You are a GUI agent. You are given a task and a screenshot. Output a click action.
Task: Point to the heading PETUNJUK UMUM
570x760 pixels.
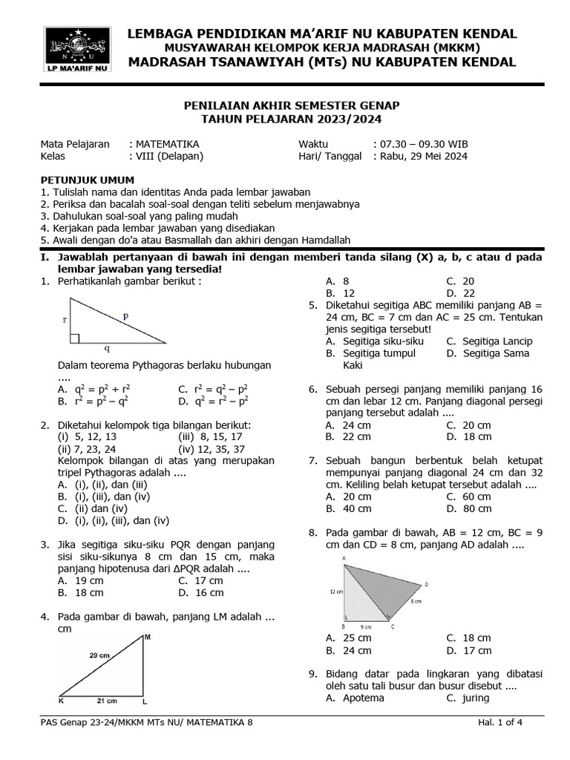click(87, 180)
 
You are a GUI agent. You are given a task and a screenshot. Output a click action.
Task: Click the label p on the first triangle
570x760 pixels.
click(126, 315)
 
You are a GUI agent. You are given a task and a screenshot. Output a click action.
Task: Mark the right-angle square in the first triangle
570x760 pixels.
click(74, 338)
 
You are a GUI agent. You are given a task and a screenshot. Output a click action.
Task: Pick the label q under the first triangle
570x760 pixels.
click(107, 348)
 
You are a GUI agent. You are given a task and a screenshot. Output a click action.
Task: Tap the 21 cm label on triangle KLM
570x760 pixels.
click(107, 701)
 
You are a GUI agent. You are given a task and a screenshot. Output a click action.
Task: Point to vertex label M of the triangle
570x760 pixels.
click(147, 637)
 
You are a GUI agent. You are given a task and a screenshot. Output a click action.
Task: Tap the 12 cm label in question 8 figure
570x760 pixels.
click(336, 592)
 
